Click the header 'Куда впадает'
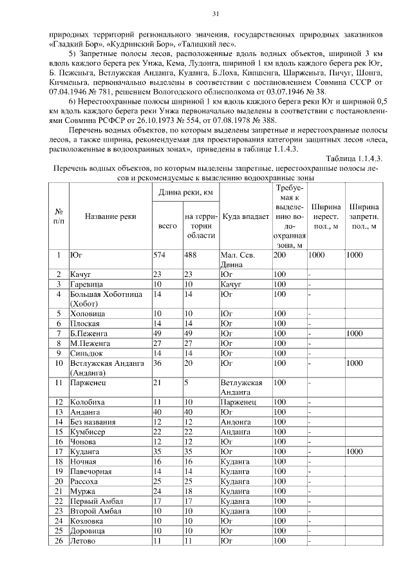click(245, 216)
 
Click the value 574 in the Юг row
click(160, 255)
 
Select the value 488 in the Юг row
click(191, 255)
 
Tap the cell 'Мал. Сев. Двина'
click(238, 260)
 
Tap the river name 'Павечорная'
click(91, 471)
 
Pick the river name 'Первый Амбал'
click(97, 501)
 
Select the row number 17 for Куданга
click(59, 452)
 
